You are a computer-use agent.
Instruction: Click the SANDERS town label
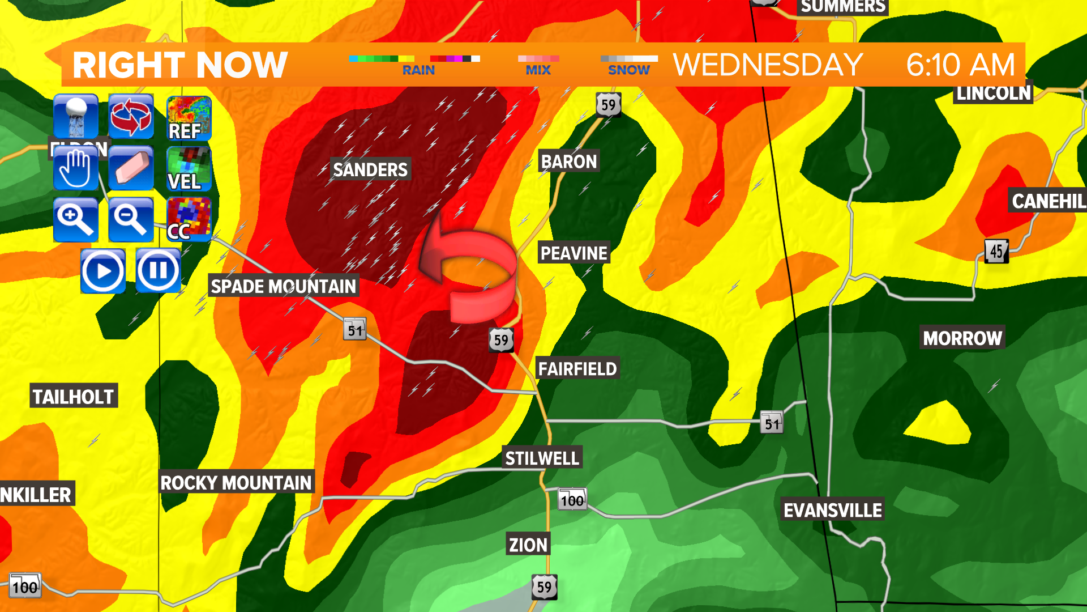(370, 169)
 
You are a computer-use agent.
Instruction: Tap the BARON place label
(568, 161)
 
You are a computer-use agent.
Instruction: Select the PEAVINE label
(574, 253)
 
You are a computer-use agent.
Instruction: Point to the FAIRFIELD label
(577, 369)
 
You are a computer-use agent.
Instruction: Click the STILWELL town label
(542, 458)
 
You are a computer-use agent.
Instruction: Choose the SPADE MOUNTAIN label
(283, 286)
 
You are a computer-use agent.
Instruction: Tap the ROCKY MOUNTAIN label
(236, 483)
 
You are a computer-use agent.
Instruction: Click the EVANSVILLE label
(832, 510)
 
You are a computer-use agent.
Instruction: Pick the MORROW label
(962, 338)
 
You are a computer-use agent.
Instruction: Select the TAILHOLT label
(73, 396)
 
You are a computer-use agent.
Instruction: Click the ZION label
(528, 545)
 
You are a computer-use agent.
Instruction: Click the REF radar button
(189, 118)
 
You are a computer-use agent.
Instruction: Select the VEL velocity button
(189, 169)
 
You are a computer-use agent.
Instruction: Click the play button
(103, 271)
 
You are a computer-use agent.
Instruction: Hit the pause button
(158, 270)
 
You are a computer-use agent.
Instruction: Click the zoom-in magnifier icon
(75, 220)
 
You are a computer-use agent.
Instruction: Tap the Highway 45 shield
(996, 251)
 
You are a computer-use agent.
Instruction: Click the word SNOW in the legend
(628, 70)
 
